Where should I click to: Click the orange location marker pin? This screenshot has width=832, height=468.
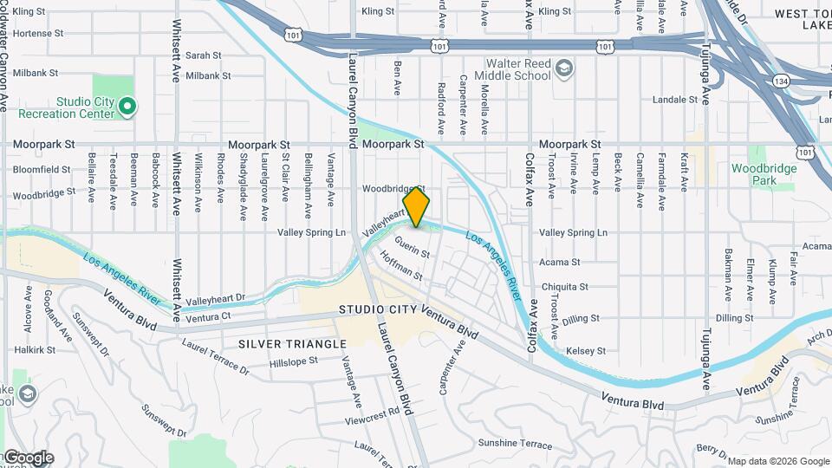417,206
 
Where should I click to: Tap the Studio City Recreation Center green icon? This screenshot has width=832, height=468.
127,107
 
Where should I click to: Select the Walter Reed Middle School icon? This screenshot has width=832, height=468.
564,69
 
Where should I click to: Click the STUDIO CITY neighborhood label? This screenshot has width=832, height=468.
378,309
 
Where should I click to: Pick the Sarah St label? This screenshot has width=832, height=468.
204,55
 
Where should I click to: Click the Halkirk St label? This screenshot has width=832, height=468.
35,350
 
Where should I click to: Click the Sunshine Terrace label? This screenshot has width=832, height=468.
515,445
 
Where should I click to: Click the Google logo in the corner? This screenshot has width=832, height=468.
28,457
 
